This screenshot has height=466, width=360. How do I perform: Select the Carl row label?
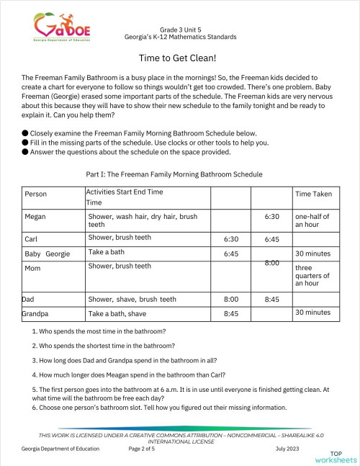click(x=31, y=238)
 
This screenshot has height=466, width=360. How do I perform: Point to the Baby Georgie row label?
click(x=46, y=254)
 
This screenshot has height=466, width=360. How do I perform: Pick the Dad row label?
click(x=28, y=299)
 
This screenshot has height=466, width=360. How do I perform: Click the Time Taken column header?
click(x=313, y=194)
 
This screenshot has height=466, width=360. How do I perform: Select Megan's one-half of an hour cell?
click(x=311, y=220)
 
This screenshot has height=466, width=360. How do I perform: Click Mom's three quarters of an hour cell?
click(x=312, y=275)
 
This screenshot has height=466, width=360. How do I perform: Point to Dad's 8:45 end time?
click(x=272, y=299)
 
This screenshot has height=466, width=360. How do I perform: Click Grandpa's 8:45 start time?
click(x=231, y=314)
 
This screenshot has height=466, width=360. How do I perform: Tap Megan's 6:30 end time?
click(x=272, y=215)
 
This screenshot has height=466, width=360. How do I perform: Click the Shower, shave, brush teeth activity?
click(x=132, y=299)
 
